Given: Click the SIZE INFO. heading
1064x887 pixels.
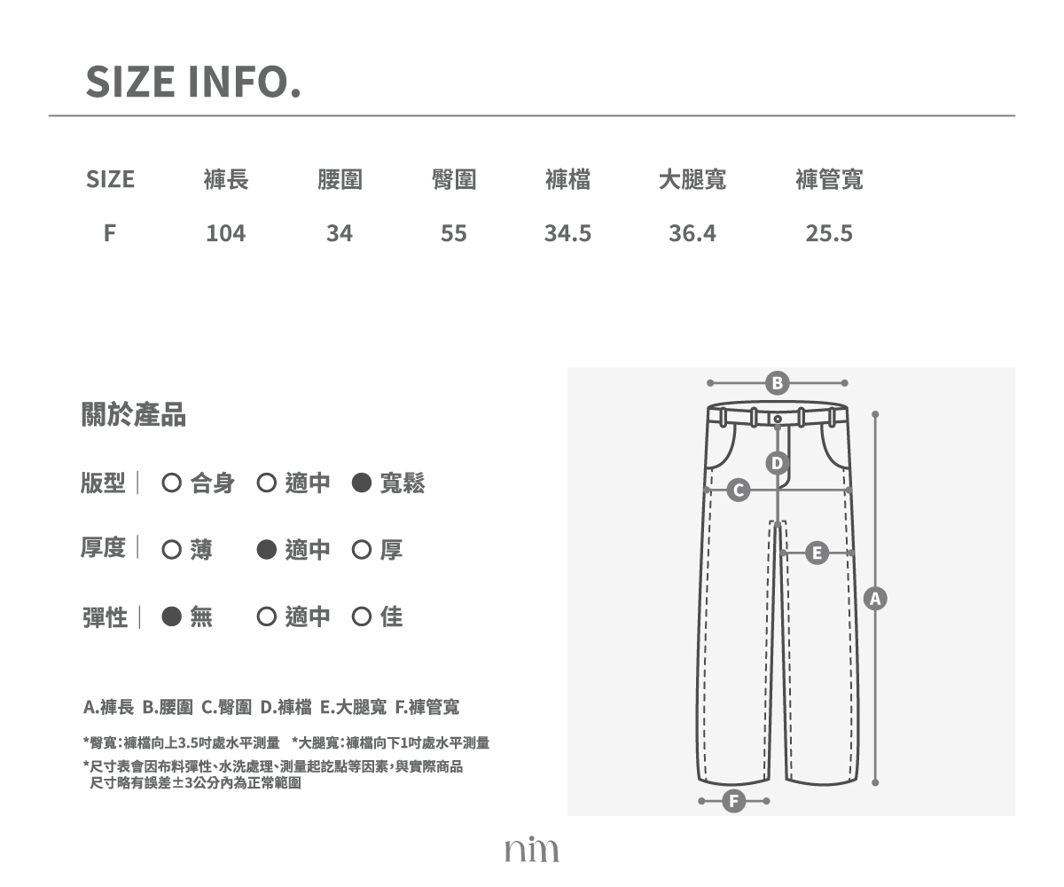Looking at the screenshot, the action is tap(193, 82).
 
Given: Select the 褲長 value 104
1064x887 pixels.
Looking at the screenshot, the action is tap(226, 233).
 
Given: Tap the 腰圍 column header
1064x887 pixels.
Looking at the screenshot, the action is tap(340, 179).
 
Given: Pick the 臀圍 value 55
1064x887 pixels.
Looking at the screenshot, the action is tap(453, 233).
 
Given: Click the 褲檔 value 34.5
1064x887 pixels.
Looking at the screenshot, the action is tap(567, 233).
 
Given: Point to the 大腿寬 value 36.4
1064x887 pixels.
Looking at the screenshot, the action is tap(692, 233).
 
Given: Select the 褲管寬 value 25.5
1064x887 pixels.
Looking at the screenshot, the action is tap(829, 233).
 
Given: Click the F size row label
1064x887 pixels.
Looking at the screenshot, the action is tap(110, 233).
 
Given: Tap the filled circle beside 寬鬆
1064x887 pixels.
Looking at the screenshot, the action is tap(361, 483).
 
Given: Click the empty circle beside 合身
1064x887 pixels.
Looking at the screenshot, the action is tap(171, 483).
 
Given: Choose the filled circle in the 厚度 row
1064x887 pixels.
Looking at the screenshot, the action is tap(267, 550).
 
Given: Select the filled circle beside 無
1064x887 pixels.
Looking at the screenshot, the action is tap(171, 616).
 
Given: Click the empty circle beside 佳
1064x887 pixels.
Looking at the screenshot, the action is tap(361, 616).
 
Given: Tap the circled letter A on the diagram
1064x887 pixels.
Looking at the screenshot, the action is tap(875, 599).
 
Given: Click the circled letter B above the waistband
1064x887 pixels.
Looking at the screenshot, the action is tap(777, 383).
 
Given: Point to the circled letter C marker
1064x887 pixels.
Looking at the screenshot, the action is tap(739, 490).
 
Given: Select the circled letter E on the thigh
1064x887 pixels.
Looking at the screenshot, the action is tap(817, 553).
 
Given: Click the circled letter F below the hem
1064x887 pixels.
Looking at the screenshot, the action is tap(734, 801).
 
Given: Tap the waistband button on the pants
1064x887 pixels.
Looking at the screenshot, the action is tap(778, 419).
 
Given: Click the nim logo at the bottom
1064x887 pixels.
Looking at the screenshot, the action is tap(531, 849).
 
